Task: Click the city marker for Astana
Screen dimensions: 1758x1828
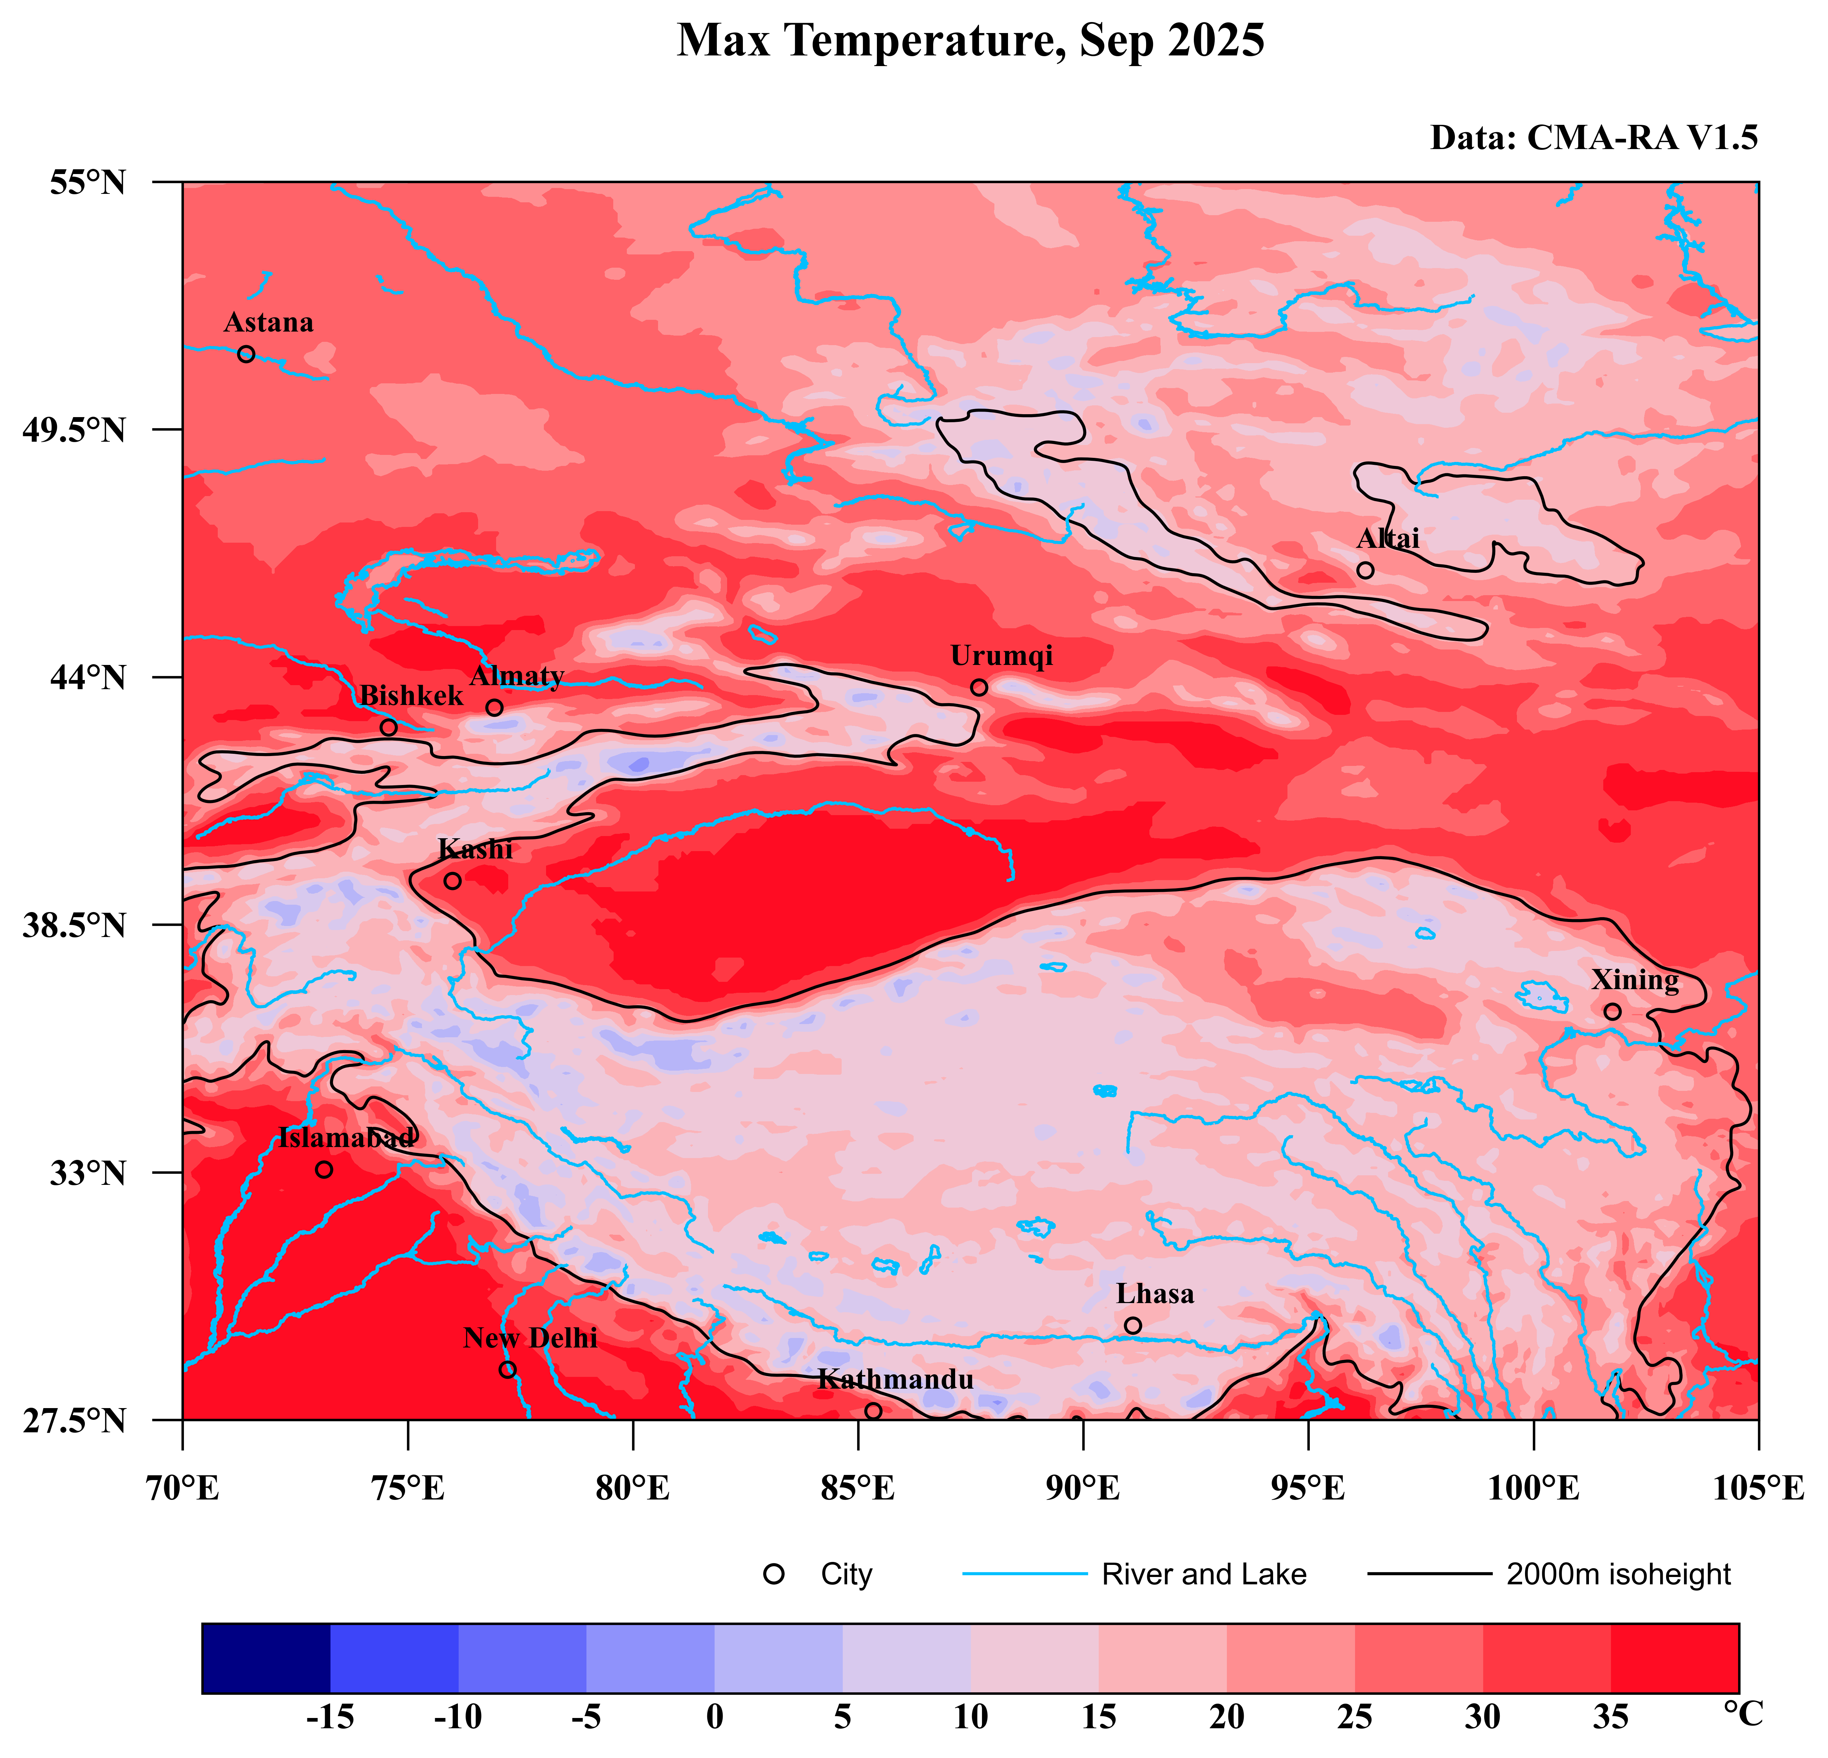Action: (x=246, y=354)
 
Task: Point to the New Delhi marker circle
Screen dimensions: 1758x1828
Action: (x=507, y=1369)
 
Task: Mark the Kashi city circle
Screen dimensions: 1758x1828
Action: (x=452, y=880)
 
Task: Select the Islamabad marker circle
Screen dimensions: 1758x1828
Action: (x=324, y=1169)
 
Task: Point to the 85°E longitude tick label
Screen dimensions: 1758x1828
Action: (x=857, y=1488)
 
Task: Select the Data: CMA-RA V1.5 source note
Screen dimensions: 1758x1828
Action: (x=1594, y=138)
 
